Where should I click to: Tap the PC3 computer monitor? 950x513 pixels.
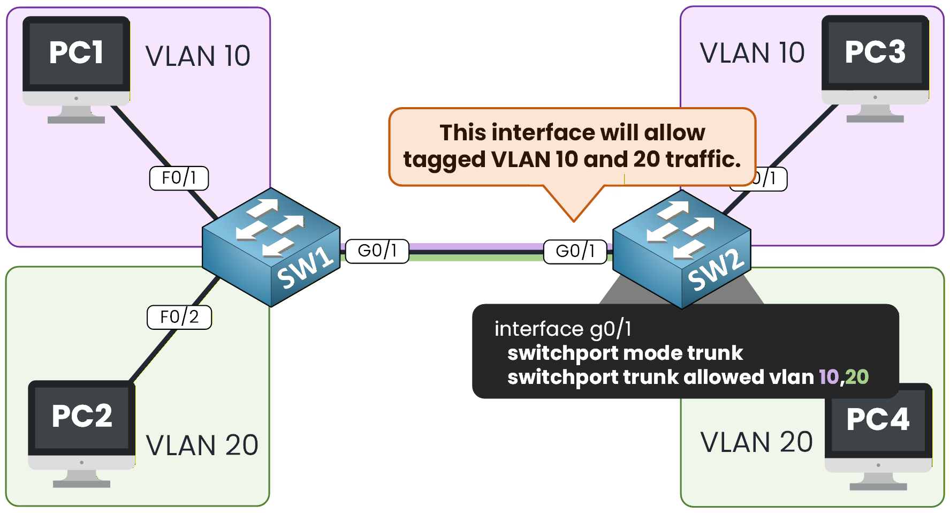[875, 59]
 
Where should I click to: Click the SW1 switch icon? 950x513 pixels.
[271, 247]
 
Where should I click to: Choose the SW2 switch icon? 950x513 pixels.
[681, 248]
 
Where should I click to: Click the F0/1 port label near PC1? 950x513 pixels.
[179, 178]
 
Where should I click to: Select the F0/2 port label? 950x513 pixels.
[179, 317]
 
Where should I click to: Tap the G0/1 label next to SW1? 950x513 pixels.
[377, 251]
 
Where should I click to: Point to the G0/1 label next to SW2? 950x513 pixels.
[575, 252]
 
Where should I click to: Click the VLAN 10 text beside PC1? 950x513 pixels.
[197, 56]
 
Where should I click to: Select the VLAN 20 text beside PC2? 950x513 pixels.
[202, 446]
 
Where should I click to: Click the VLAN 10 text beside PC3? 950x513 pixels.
[752, 53]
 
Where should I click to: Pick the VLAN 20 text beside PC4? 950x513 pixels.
[756, 442]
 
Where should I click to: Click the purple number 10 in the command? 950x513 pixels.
[829, 377]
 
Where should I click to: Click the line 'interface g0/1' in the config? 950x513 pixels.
[563, 329]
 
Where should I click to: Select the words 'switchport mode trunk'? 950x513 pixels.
[625, 353]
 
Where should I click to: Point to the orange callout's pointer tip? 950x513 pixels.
[574, 220]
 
